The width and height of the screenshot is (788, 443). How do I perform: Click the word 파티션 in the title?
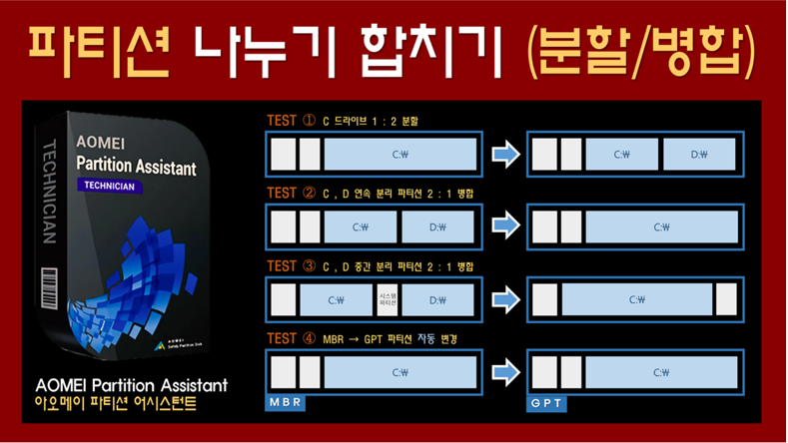(x=100, y=47)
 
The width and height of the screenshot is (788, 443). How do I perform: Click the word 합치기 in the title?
(x=431, y=47)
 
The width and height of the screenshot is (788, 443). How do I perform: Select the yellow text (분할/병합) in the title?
(x=640, y=47)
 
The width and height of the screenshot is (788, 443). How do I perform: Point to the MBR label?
(x=285, y=402)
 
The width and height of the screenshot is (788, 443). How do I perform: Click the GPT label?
(x=546, y=403)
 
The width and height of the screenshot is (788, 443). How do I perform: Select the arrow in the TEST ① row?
(x=506, y=155)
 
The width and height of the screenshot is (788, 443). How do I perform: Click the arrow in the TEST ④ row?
(x=506, y=372)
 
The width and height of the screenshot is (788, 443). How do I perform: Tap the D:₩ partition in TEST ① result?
(x=699, y=155)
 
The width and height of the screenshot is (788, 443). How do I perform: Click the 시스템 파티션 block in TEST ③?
(x=388, y=299)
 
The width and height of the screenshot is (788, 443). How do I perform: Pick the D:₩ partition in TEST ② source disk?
(x=437, y=227)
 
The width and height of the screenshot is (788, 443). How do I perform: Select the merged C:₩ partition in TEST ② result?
(x=661, y=227)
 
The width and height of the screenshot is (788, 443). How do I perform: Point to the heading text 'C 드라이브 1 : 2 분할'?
(x=371, y=122)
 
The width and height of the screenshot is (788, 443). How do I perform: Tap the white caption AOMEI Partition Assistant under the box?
(x=131, y=385)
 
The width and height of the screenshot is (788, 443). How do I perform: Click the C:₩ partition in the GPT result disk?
(x=661, y=372)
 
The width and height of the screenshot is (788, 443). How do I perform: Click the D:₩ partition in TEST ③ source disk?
(x=437, y=299)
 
